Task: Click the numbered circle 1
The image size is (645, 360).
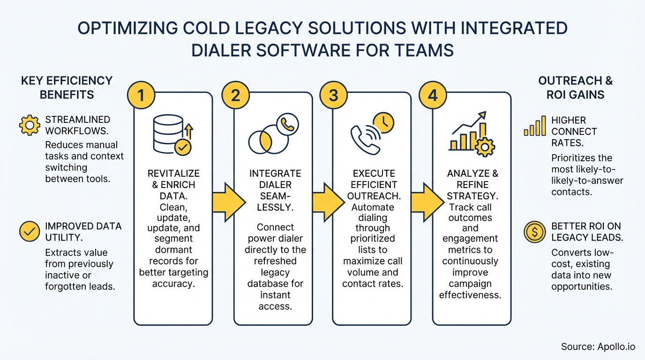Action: pos(140,95)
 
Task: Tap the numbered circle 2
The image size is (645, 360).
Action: pos(236,95)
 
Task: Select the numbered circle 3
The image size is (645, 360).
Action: pos(333,95)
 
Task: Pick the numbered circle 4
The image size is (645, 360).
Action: pos(432,95)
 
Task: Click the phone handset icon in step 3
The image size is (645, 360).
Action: pos(365,139)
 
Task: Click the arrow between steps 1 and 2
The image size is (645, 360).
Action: pos(228,202)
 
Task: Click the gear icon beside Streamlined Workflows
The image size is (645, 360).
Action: pos(29,125)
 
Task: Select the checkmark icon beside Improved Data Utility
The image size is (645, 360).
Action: pos(29,232)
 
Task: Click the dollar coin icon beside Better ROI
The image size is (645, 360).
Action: pos(534,232)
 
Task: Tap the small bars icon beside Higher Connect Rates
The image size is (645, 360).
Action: pos(534,126)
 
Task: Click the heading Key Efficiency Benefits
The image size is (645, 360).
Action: pos(67,88)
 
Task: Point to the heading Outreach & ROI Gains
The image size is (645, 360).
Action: pos(575,88)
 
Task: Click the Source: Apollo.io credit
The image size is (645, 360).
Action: pos(598,347)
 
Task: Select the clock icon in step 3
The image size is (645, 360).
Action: pos(383,123)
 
